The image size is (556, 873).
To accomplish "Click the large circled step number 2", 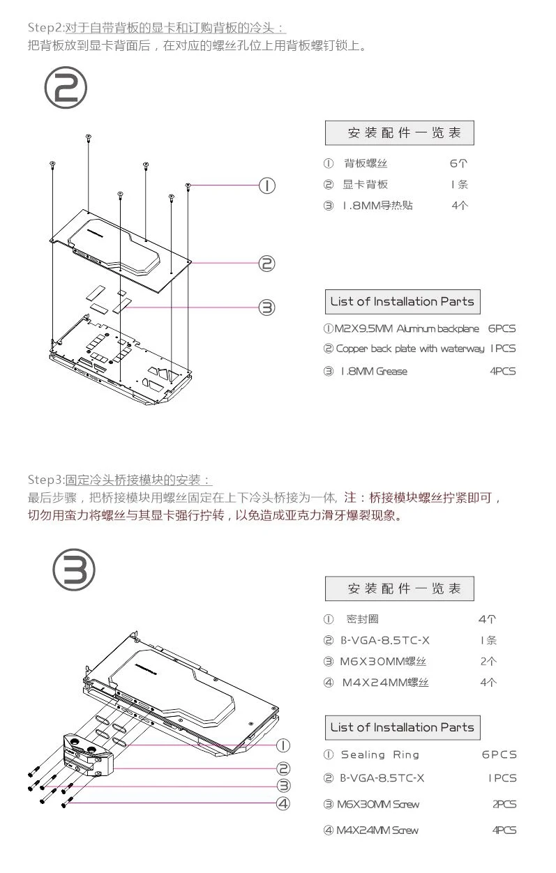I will click(x=66, y=89).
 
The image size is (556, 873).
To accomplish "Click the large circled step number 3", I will click(x=75, y=570).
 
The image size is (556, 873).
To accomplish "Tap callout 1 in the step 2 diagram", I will click(x=266, y=185).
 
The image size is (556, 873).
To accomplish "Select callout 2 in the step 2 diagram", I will click(x=266, y=264).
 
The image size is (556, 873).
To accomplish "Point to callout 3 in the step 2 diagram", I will click(x=266, y=307).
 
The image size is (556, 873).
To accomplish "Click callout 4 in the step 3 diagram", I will click(x=283, y=803).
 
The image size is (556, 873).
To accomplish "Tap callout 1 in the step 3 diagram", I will click(x=283, y=745).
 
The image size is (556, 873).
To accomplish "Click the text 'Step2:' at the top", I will click(x=45, y=28).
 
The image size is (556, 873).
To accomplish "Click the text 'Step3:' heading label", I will click(x=45, y=480).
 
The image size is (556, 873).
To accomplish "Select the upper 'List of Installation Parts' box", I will click(x=402, y=302).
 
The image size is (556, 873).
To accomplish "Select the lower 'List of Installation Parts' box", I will click(x=402, y=727).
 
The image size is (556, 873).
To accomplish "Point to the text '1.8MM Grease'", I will click(x=373, y=372).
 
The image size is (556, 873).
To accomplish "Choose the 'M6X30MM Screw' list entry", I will click(x=379, y=805).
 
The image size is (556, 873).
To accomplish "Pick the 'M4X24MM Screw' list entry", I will click(x=379, y=830).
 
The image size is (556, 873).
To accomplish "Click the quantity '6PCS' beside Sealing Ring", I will click(x=499, y=754).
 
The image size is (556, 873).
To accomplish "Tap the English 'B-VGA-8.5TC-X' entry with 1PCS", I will click(x=382, y=778).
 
